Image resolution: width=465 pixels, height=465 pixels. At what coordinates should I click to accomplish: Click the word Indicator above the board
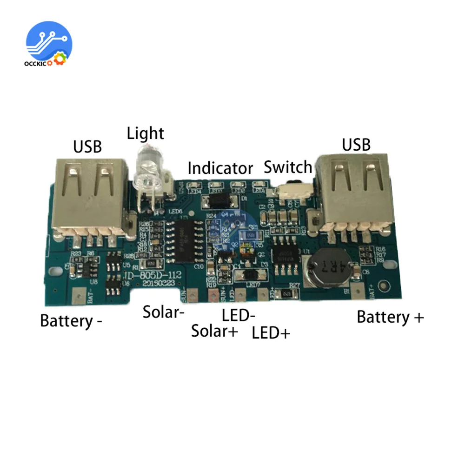point(220,168)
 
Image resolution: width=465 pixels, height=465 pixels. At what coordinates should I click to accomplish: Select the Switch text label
point(288,167)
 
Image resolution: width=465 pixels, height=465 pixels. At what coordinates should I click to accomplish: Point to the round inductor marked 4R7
point(328,268)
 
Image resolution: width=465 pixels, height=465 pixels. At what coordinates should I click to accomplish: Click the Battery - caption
point(71,321)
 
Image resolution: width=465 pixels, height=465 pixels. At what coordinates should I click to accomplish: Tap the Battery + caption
point(390,317)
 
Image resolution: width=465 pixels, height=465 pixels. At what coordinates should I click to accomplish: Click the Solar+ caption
point(215,331)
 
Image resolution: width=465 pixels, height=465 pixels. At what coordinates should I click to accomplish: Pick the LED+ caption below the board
point(271,333)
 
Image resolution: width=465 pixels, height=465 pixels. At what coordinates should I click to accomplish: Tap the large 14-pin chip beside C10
point(186,240)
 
